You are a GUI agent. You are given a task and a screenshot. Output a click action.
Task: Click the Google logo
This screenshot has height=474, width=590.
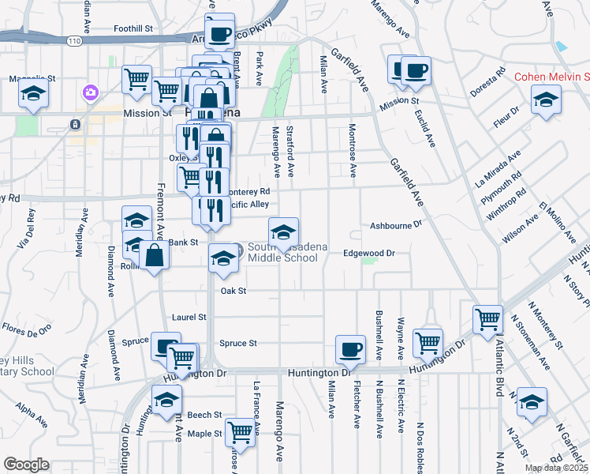(x=26, y=465)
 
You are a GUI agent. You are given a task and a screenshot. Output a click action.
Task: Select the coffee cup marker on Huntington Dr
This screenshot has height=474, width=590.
(x=350, y=349)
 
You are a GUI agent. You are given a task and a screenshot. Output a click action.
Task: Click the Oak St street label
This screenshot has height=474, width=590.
(x=233, y=291)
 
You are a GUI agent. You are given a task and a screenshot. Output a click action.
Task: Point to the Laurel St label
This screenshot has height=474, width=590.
(x=189, y=317)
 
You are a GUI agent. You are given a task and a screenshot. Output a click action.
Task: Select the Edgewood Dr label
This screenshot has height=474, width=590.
(x=368, y=253)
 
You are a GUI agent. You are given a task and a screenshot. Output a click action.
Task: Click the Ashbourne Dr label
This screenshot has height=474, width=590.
(x=397, y=225)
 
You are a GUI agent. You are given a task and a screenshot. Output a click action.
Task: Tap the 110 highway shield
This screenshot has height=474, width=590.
(x=75, y=39)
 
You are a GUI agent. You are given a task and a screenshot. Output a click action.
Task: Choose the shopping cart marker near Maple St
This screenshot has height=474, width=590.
(x=240, y=432)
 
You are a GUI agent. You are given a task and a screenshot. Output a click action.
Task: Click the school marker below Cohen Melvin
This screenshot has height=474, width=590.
(x=545, y=100)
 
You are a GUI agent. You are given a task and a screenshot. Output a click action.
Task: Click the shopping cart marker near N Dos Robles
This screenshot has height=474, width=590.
(x=428, y=342)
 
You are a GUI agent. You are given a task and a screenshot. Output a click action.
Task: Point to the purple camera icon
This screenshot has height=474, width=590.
(x=91, y=93)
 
